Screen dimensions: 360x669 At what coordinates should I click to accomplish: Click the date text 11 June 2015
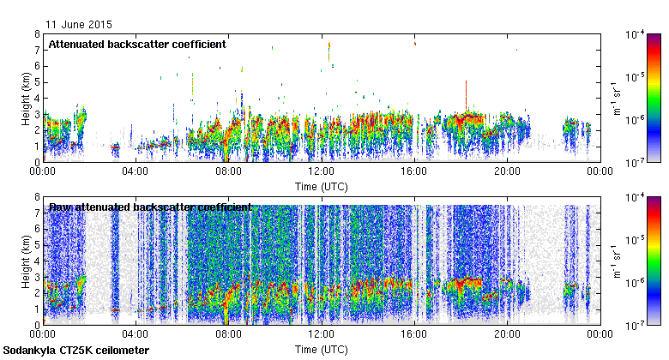tap(79, 25)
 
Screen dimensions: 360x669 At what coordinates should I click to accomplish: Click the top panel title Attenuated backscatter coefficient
tap(137, 44)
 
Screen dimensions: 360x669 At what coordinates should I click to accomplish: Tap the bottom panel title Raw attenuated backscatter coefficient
tap(150, 207)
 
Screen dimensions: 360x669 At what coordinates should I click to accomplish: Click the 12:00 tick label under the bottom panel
tap(321, 334)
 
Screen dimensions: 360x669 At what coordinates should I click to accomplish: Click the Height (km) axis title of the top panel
tap(26, 98)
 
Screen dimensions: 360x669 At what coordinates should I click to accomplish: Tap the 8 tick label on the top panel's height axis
tap(38, 34)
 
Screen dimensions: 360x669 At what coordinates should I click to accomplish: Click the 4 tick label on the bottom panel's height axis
tap(38, 261)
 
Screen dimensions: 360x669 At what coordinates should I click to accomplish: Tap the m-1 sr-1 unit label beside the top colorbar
tap(616, 98)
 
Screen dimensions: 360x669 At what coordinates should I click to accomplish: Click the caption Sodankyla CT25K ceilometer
tap(76, 351)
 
